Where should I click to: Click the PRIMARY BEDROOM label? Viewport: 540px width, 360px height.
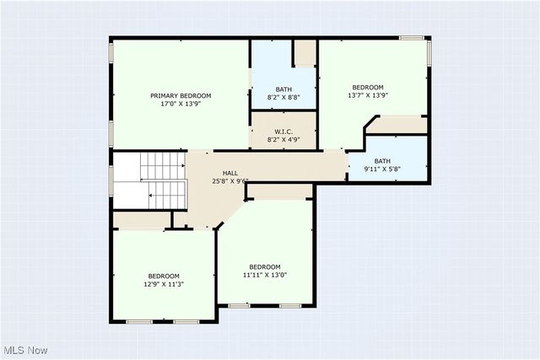coord(181,96)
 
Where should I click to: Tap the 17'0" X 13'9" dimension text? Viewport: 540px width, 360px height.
coord(181,105)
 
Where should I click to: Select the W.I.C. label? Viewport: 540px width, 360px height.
coord(283,131)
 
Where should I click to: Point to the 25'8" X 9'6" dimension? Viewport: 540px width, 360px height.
coord(229,180)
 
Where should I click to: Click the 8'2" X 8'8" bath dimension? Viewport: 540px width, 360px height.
coord(283,98)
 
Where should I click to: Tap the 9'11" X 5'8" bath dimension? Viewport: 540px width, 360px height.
coord(383,169)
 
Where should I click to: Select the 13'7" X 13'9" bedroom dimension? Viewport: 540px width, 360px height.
coord(368,95)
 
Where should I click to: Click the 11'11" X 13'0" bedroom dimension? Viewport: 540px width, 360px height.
coord(265,275)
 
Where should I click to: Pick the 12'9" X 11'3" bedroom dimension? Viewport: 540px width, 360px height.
coord(164,284)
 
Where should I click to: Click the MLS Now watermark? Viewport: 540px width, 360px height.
coord(26,350)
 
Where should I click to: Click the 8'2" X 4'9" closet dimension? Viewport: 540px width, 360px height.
coord(283,139)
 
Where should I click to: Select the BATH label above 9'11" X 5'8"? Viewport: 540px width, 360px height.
coord(383,161)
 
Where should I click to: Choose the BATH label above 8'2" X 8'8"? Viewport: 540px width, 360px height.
coord(283,89)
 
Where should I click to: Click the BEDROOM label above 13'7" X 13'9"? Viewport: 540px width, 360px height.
coord(368,87)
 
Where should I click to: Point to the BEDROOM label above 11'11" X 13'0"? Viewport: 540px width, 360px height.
coord(265,266)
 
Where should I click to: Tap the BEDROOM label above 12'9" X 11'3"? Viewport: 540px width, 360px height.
coord(164,276)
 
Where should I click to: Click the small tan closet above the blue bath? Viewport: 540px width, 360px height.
coord(305,52)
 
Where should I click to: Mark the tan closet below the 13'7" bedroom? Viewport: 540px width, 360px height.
coord(397,125)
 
